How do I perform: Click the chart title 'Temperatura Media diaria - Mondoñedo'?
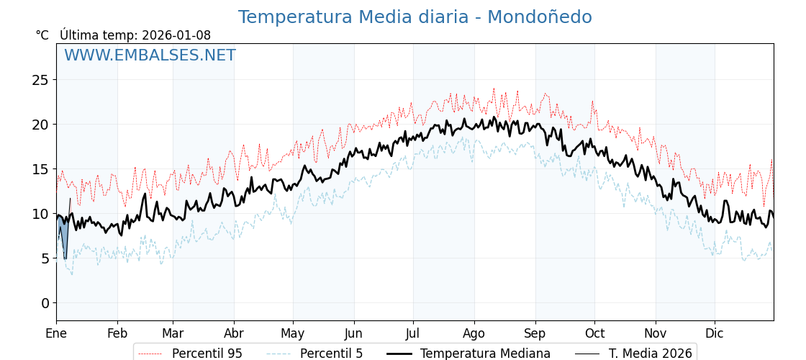(415, 17)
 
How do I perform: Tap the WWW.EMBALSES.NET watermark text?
(150, 55)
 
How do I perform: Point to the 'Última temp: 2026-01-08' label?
(135, 35)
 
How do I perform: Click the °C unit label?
(42, 35)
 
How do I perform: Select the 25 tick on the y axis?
(40, 80)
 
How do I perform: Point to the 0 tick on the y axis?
(45, 303)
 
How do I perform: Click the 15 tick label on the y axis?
(40, 169)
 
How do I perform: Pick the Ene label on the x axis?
(56, 333)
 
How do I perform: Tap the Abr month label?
(234, 333)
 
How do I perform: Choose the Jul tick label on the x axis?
(413, 333)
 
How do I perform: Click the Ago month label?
(474, 333)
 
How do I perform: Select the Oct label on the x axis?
(594, 333)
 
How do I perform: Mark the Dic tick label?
(715, 333)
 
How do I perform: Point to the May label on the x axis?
(293, 333)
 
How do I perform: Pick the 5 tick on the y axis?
(45, 258)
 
